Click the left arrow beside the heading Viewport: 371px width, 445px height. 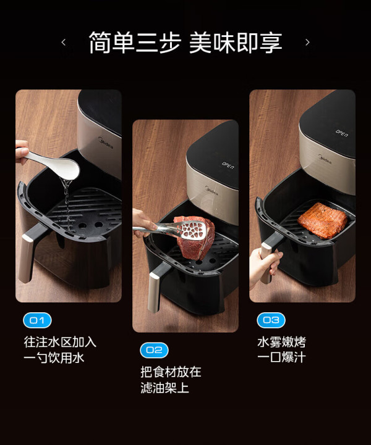[64, 43]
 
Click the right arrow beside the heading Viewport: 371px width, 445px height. [307, 43]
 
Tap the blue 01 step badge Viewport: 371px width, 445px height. [37, 320]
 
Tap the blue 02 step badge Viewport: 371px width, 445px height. [154, 350]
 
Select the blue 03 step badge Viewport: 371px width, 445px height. [271, 320]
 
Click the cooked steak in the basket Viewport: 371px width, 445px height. [323, 220]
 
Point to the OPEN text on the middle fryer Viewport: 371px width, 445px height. [228, 166]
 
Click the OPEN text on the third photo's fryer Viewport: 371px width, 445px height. [341, 133]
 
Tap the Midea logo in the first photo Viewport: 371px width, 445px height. [106, 143]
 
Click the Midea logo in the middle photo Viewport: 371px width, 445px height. [211, 190]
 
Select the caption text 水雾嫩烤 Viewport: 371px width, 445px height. [281, 342]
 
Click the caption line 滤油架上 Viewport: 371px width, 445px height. [165, 388]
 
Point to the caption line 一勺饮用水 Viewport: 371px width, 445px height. [54, 357]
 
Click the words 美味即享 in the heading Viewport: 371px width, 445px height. [236, 43]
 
